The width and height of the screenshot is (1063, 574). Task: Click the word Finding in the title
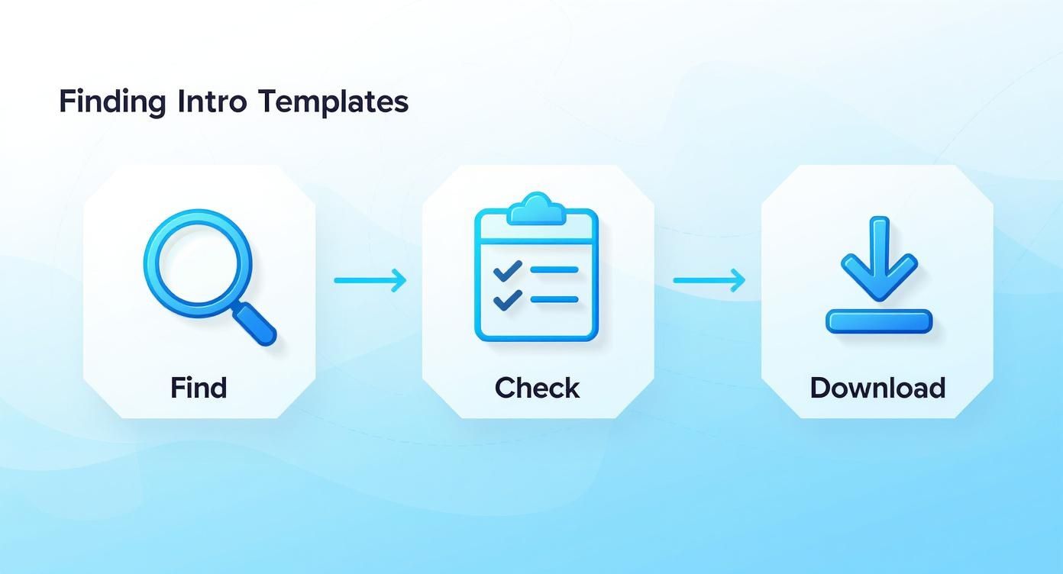click(111, 102)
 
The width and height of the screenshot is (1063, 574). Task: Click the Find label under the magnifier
click(199, 388)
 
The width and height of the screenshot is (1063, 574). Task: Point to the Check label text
click(537, 388)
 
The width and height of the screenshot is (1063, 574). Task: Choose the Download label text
click(877, 388)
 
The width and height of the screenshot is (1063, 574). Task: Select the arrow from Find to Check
click(370, 280)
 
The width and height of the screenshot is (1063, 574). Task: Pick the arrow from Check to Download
click(709, 280)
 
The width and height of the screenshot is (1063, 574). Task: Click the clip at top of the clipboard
click(537, 208)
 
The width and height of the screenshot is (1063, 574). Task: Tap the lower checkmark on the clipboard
click(507, 300)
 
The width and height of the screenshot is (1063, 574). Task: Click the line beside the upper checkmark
click(554, 269)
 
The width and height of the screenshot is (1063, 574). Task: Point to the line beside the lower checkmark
click(554, 299)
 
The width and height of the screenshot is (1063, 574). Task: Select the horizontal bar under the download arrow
click(879, 321)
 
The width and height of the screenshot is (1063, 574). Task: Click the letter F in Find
click(177, 388)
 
